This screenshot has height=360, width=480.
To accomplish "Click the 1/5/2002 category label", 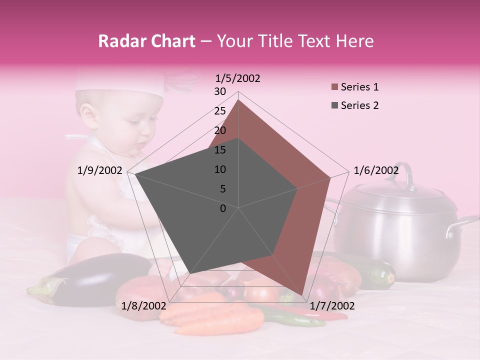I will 237,78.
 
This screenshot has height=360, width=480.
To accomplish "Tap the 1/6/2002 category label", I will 376,170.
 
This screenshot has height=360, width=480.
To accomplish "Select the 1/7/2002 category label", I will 332,306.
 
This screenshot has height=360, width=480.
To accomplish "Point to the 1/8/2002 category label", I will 144,306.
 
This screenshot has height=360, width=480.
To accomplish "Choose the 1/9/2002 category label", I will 100,170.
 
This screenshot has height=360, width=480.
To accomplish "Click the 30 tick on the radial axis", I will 220,91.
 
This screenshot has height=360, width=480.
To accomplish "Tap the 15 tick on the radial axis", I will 220,150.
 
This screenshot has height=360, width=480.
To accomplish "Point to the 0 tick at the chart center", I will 223,208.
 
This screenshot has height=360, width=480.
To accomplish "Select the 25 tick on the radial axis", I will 220,111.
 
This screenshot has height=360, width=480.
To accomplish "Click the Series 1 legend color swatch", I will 334,87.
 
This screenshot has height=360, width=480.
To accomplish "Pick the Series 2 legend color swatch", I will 334,105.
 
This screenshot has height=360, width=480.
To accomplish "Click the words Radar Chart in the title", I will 146,41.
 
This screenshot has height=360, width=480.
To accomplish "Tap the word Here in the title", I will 354,41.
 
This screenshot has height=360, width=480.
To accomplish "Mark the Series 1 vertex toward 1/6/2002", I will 330,177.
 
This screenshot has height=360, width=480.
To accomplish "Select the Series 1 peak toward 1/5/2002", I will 238,100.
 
